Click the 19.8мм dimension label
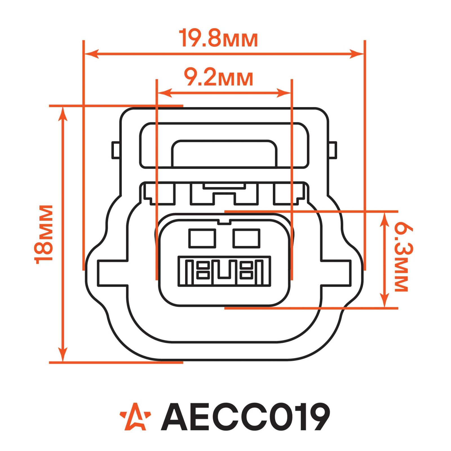pos(218,37)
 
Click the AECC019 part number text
pos(245,416)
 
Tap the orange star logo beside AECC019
pos(135,416)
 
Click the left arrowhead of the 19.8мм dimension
pos(92,54)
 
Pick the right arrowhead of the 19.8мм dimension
pos(356,54)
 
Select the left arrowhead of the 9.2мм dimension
pos(165,93)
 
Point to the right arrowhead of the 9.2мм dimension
pos(284,93)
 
